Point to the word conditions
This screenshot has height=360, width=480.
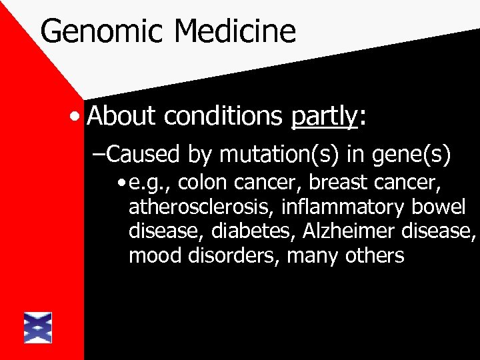pyautogui.click(x=223, y=117)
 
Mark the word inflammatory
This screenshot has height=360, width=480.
pyautogui.click(x=342, y=207)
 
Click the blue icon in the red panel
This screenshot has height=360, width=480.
pyautogui.click(x=37, y=327)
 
